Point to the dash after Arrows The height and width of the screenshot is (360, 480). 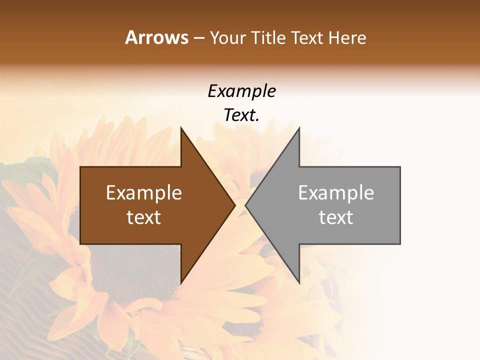(x=198, y=38)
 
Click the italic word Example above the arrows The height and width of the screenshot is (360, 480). (x=241, y=91)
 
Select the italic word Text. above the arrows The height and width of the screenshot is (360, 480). (x=241, y=115)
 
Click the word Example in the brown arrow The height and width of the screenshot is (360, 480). (x=144, y=192)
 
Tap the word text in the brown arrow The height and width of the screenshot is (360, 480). (x=144, y=217)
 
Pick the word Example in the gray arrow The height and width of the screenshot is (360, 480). (x=336, y=192)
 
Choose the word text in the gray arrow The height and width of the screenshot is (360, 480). (x=336, y=217)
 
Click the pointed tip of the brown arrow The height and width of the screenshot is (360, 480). (x=234, y=205)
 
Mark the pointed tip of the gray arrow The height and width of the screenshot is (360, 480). (x=246, y=205)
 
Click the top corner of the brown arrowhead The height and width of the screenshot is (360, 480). (x=181, y=128)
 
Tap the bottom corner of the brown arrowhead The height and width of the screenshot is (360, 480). (x=181, y=282)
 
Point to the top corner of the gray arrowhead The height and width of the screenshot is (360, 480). (x=299, y=128)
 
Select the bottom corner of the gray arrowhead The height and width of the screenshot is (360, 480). (x=299, y=282)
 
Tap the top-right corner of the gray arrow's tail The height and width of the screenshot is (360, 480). (x=400, y=167)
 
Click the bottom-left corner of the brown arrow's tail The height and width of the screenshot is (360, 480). (x=80, y=244)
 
